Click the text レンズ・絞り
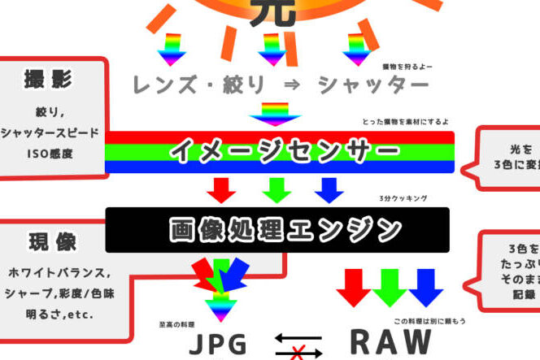coord(194,85)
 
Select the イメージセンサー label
coord(285,152)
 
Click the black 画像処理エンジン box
coord(277,230)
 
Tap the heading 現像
coord(54,241)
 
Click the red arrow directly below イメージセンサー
coord(220,189)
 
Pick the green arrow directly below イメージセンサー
coord(277,189)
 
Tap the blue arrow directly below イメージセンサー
coord(329,189)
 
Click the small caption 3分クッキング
coord(403,198)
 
